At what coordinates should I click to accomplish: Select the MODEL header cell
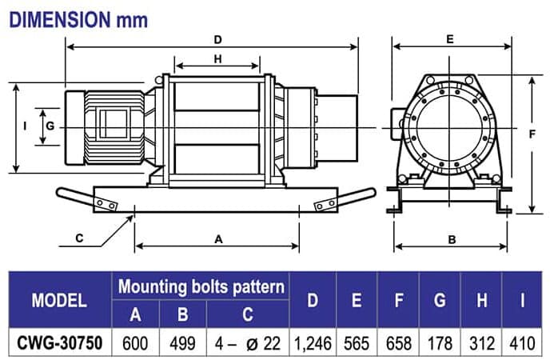(x=59, y=301)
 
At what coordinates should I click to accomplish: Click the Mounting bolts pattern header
(x=201, y=286)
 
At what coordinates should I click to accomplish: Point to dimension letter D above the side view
(x=218, y=38)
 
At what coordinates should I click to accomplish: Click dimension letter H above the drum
(x=217, y=58)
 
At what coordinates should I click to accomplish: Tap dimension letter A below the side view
(x=218, y=238)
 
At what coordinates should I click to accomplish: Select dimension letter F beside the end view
(x=532, y=134)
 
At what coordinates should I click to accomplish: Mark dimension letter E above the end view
(x=450, y=38)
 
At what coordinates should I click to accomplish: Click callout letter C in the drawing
(x=79, y=238)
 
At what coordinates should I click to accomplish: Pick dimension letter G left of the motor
(x=50, y=126)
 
